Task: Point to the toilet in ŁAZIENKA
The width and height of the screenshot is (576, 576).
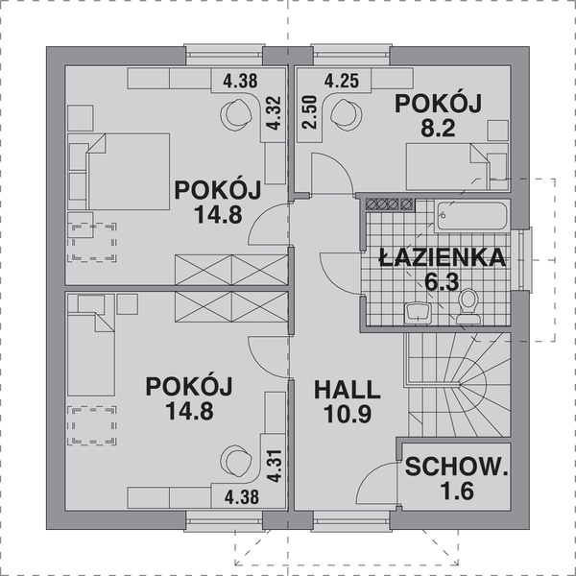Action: pyautogui.click(x=468, y=303)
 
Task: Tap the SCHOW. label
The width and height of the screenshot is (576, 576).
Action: pyautogui.click(x=455, y=468)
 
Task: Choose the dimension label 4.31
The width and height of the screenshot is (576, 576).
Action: pyautogui.click(x=273, y=466)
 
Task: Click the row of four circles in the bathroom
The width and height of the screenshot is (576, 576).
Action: pyautogui.click(x=389, y=204)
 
